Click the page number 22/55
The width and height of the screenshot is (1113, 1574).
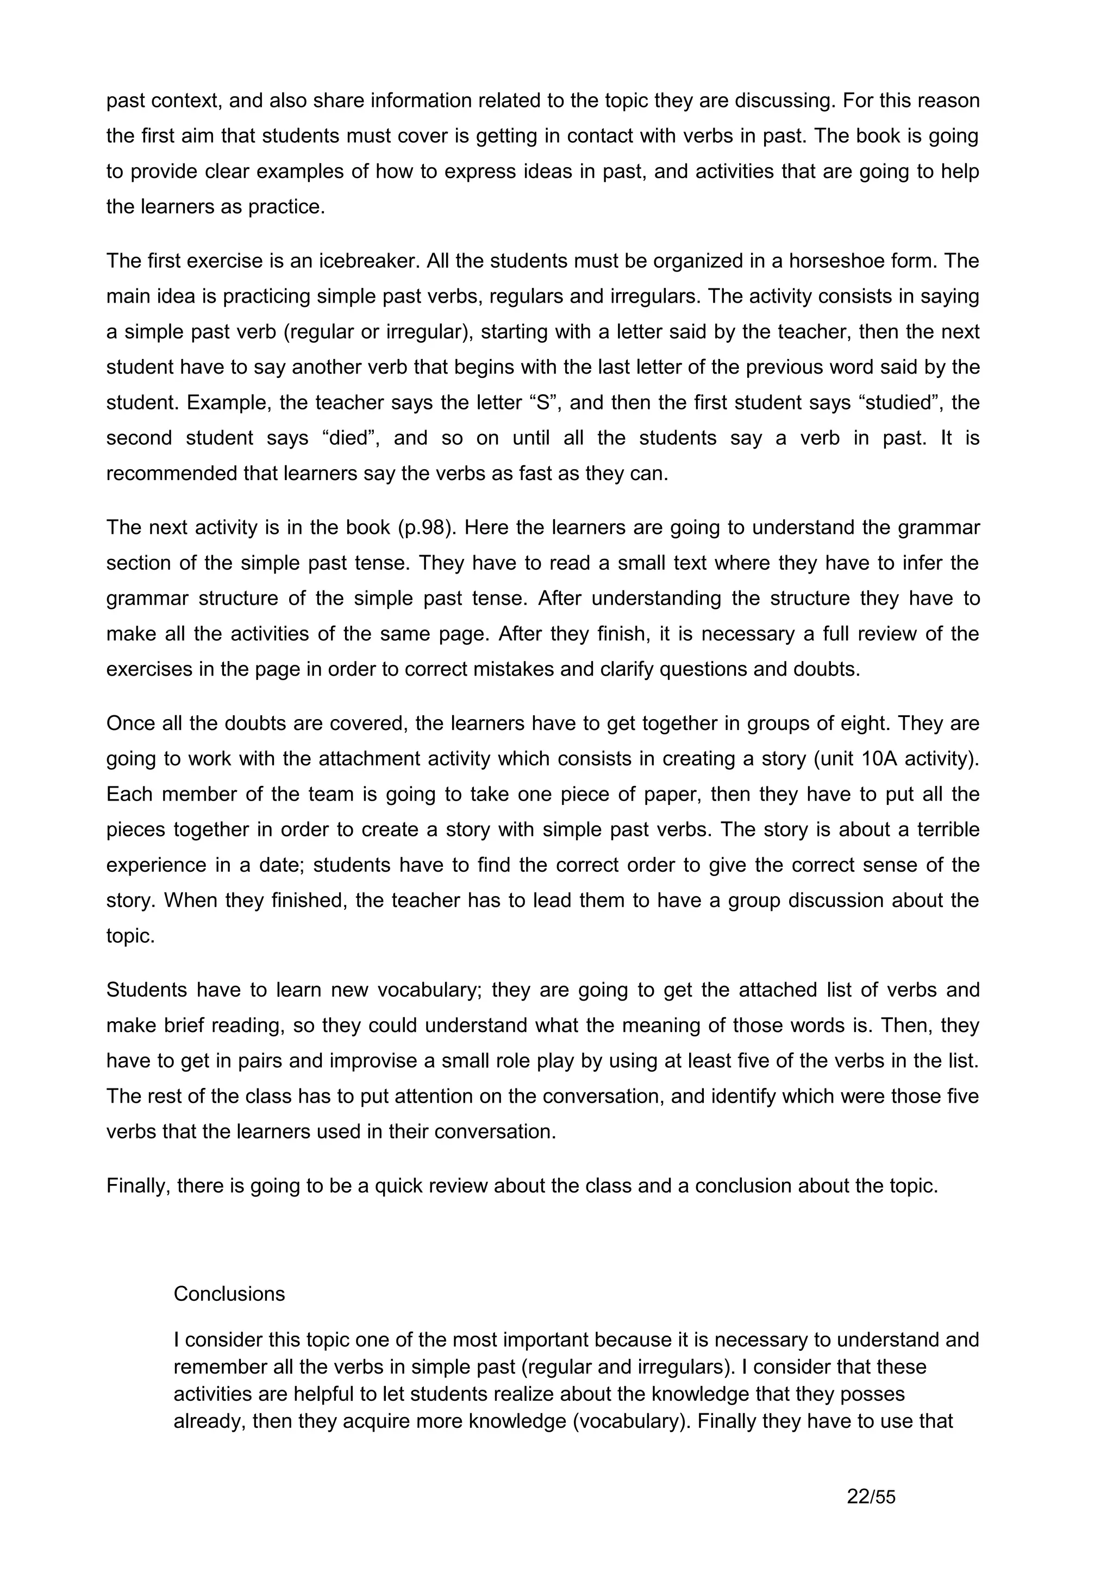pos(871,1496)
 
